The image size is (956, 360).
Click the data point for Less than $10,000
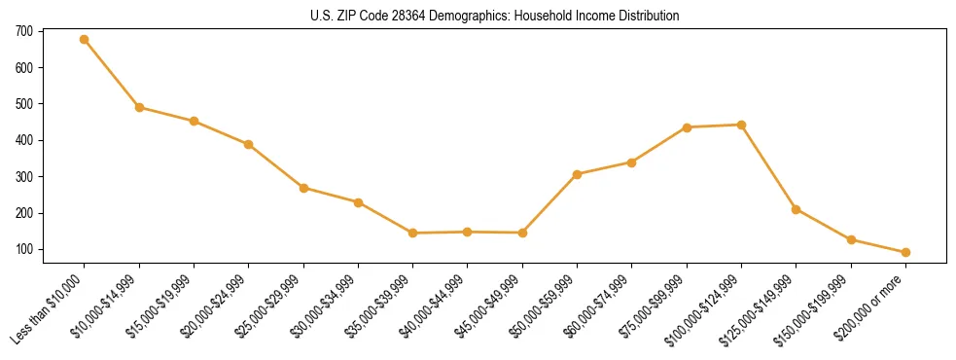[x=85, y=40]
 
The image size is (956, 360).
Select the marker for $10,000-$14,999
[x=139, y=107]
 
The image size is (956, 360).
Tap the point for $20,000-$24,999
[x=249, y=145]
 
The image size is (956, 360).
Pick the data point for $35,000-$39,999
[x=413, y=234]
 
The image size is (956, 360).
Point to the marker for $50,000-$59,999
[x=578, y=174]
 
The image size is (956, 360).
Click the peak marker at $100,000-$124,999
[x=742, y=125]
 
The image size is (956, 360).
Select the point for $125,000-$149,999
[x=797, y=209]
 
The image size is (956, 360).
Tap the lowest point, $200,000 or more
[x=906, y=252]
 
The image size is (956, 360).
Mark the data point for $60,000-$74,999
[x=632, y=162]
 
